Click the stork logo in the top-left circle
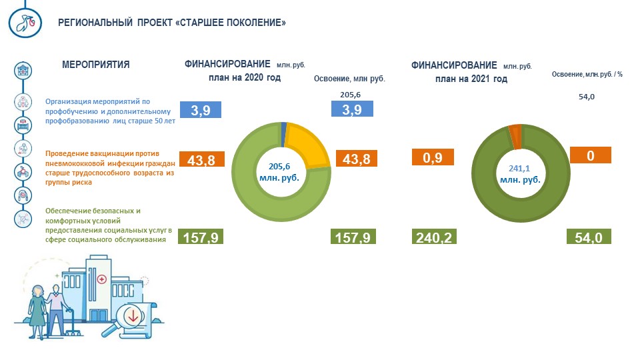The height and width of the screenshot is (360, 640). pos(25,23)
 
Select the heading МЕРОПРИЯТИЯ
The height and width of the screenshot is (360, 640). pos(96,65)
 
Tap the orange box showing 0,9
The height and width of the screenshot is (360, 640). pos(433,157)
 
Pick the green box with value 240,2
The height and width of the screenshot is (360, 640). pos(434,237)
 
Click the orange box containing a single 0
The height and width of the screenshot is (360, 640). pos(590,155)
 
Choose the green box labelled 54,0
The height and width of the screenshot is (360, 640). pos(589,237)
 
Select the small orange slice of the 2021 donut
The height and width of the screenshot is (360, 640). pos(515,136)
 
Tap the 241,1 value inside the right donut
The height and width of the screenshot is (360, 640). pos(519,168)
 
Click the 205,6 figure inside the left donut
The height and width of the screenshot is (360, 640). pos(279,167)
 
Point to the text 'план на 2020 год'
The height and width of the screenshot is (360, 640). pos(245,77)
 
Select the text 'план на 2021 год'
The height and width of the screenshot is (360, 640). pos(471,79)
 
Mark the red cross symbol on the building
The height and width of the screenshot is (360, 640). pos(101,279)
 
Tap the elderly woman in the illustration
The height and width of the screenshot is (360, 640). pos(37,311)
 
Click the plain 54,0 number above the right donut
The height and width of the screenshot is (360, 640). pos(587,97)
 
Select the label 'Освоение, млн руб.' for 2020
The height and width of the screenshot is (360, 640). pos(349,79)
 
